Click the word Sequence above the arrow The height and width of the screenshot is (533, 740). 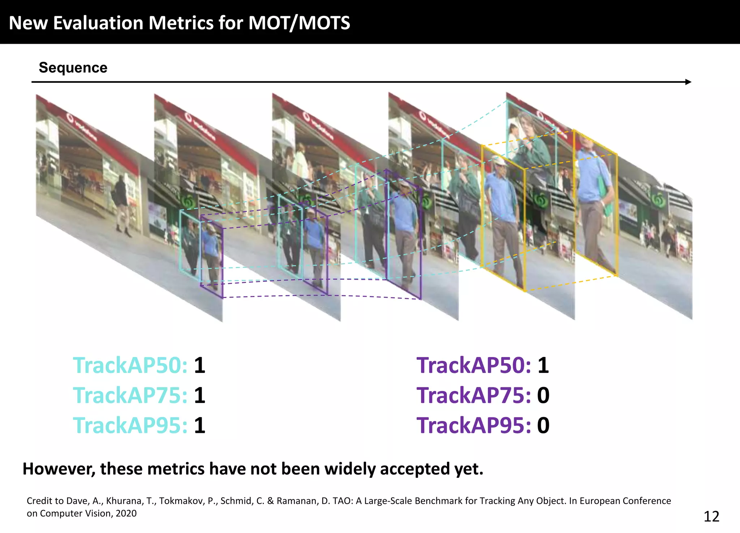tap(73, 68)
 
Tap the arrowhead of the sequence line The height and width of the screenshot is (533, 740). tap(688, 82)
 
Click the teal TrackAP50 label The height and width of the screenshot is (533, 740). tap(130, 365)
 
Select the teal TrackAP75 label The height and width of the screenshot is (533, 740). tap(130, 395)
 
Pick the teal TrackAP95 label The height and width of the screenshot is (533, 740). tap(130, 425)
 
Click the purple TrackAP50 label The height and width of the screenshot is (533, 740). tap(474, 365)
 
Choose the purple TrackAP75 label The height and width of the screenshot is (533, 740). tap(474, 395)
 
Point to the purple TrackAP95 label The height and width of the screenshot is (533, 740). tap(474, 425)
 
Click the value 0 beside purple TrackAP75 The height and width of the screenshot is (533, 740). tap(543, 395)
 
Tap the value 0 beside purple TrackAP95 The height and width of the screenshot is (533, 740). tap(543, 425)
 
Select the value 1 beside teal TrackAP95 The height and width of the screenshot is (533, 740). tap(199, 425)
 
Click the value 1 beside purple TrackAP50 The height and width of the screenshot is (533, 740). tap(543, 365)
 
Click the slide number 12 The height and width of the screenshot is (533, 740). tap(711, 517)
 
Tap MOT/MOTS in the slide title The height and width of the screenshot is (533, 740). tap(299, 23)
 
